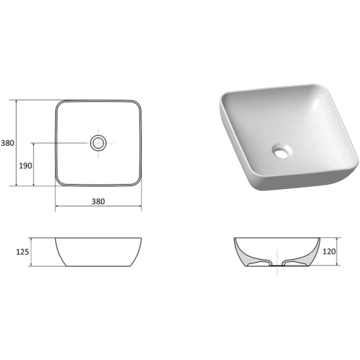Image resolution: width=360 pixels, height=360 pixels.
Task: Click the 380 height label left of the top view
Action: pos(7,143)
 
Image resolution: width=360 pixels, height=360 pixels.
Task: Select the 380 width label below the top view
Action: pos(98,201)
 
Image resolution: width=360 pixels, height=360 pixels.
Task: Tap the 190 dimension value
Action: pos(25,165)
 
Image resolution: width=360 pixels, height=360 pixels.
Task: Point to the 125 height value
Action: pos(23,252)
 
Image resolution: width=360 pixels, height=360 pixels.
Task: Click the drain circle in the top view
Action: pos(98,143)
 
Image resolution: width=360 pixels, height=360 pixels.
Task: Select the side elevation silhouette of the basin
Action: pos(98,252)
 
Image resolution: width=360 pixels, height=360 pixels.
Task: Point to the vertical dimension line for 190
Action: pos(34,164)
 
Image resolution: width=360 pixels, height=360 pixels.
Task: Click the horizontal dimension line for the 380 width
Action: pos(98,208)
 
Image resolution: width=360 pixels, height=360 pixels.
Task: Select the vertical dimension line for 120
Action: pos(337,252)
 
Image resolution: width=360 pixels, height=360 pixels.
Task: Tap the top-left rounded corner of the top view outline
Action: pos(59,104)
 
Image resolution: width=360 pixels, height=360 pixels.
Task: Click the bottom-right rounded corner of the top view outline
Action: pos(137,181)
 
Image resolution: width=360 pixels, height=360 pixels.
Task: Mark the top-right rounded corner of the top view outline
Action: pos(137,104)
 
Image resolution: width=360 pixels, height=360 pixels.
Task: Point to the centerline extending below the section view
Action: pos(277,272)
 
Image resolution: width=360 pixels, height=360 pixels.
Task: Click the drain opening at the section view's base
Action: pos(277,263)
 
